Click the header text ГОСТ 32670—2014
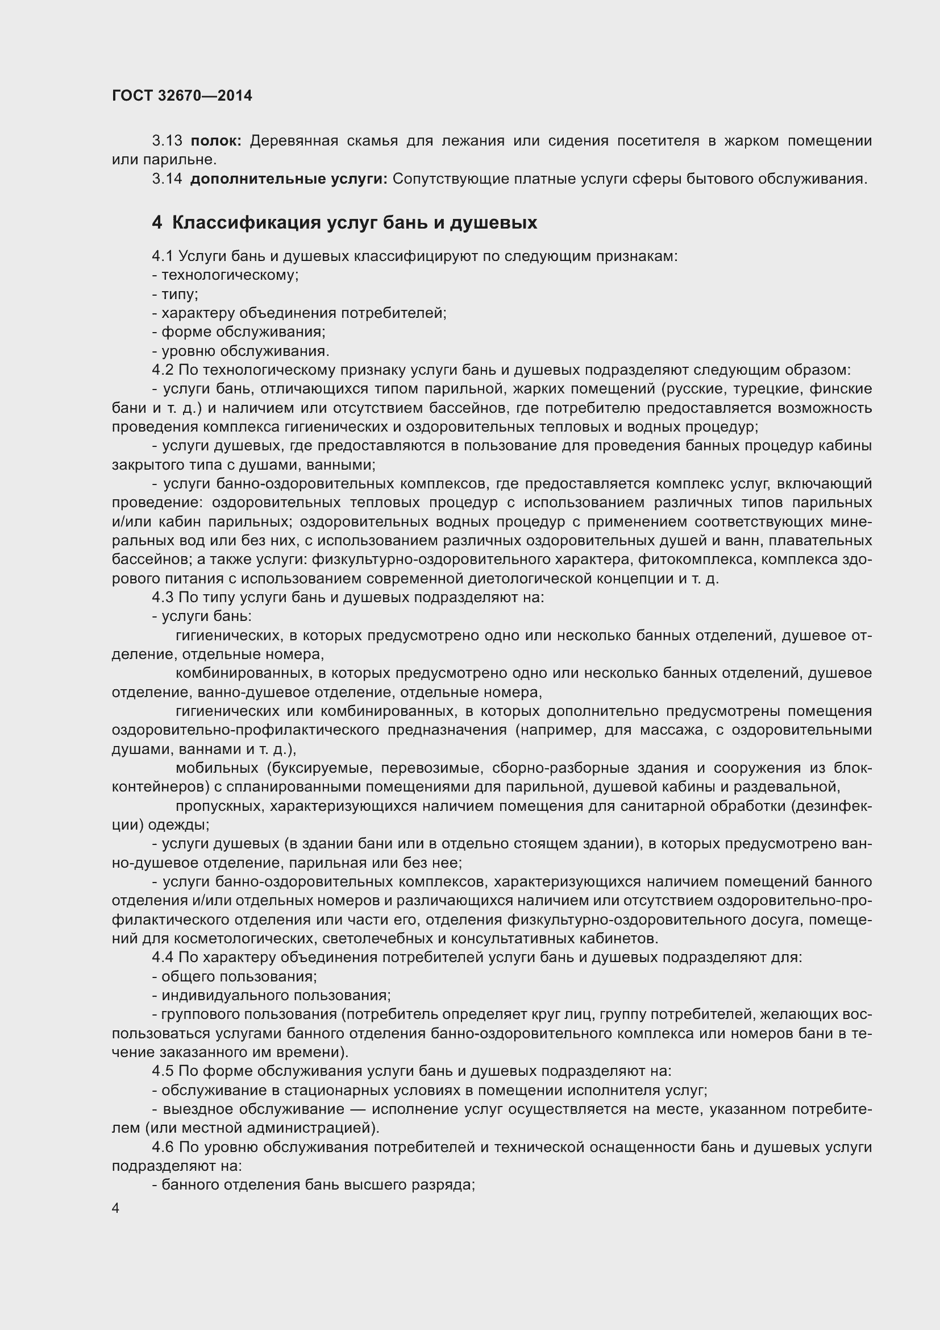click(x=182, y=96)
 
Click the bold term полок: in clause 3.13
click(x=216, y=141)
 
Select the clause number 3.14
click(x=167, y=179)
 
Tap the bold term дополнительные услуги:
click(x=288, y=179)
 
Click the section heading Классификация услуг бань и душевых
click(x=354, y=222)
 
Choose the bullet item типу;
click(x=180, y=295)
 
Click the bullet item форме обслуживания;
click(x=243, y=332)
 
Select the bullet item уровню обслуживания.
click(x=245, y=351)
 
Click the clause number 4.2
click(x=163, y=370)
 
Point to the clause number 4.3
click(x=163, y=597)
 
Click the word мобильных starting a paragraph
click(x=217, y=768)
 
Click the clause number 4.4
click(x=163, y=958)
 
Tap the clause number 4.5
click(x=163, y=1071)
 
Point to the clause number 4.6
click(x=163, y=1147)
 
